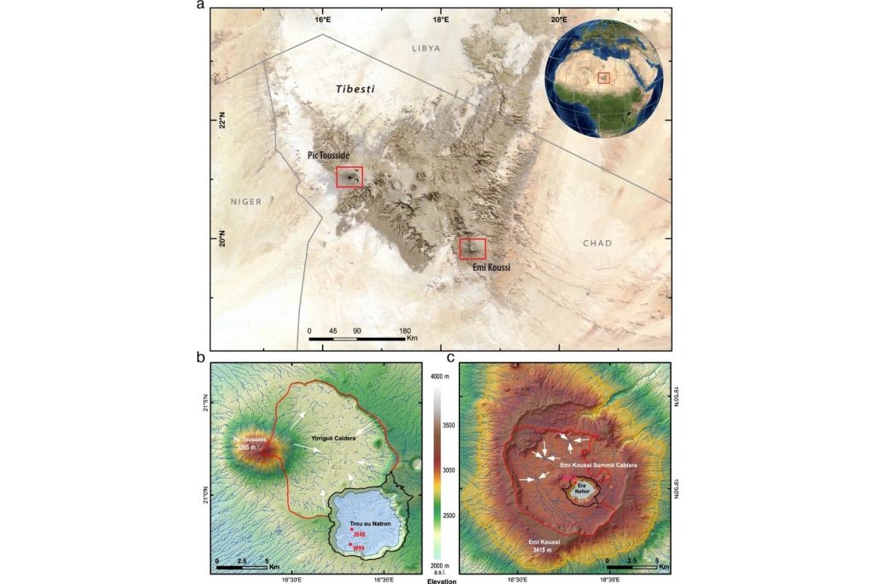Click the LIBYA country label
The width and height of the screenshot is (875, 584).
[x=426, y=48]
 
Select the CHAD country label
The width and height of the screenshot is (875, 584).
[x=597, y=243]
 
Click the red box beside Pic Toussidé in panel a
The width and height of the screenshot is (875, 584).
[x=349, y=177]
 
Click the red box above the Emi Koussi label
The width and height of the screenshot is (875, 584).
[x=473, y=249]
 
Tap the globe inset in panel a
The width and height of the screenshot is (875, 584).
[x=603, y=78]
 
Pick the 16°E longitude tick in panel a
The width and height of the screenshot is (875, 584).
[x=322, y=19]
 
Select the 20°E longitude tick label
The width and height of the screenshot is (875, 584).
[x=558, y=19]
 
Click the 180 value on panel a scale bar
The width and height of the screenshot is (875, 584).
[x=405, y=331]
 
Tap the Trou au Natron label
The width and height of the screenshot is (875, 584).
[x=370, y=522]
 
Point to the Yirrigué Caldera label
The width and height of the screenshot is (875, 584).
[x=334, y=437]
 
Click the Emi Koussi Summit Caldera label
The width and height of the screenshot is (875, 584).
[x=599, y=464]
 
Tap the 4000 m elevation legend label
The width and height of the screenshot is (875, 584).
[x=439, y=376]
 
